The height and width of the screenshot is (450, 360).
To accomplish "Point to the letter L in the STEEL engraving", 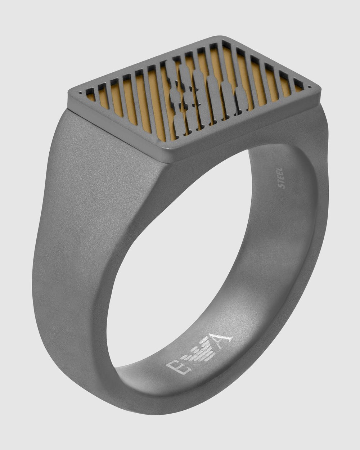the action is [x=281, y=170].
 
